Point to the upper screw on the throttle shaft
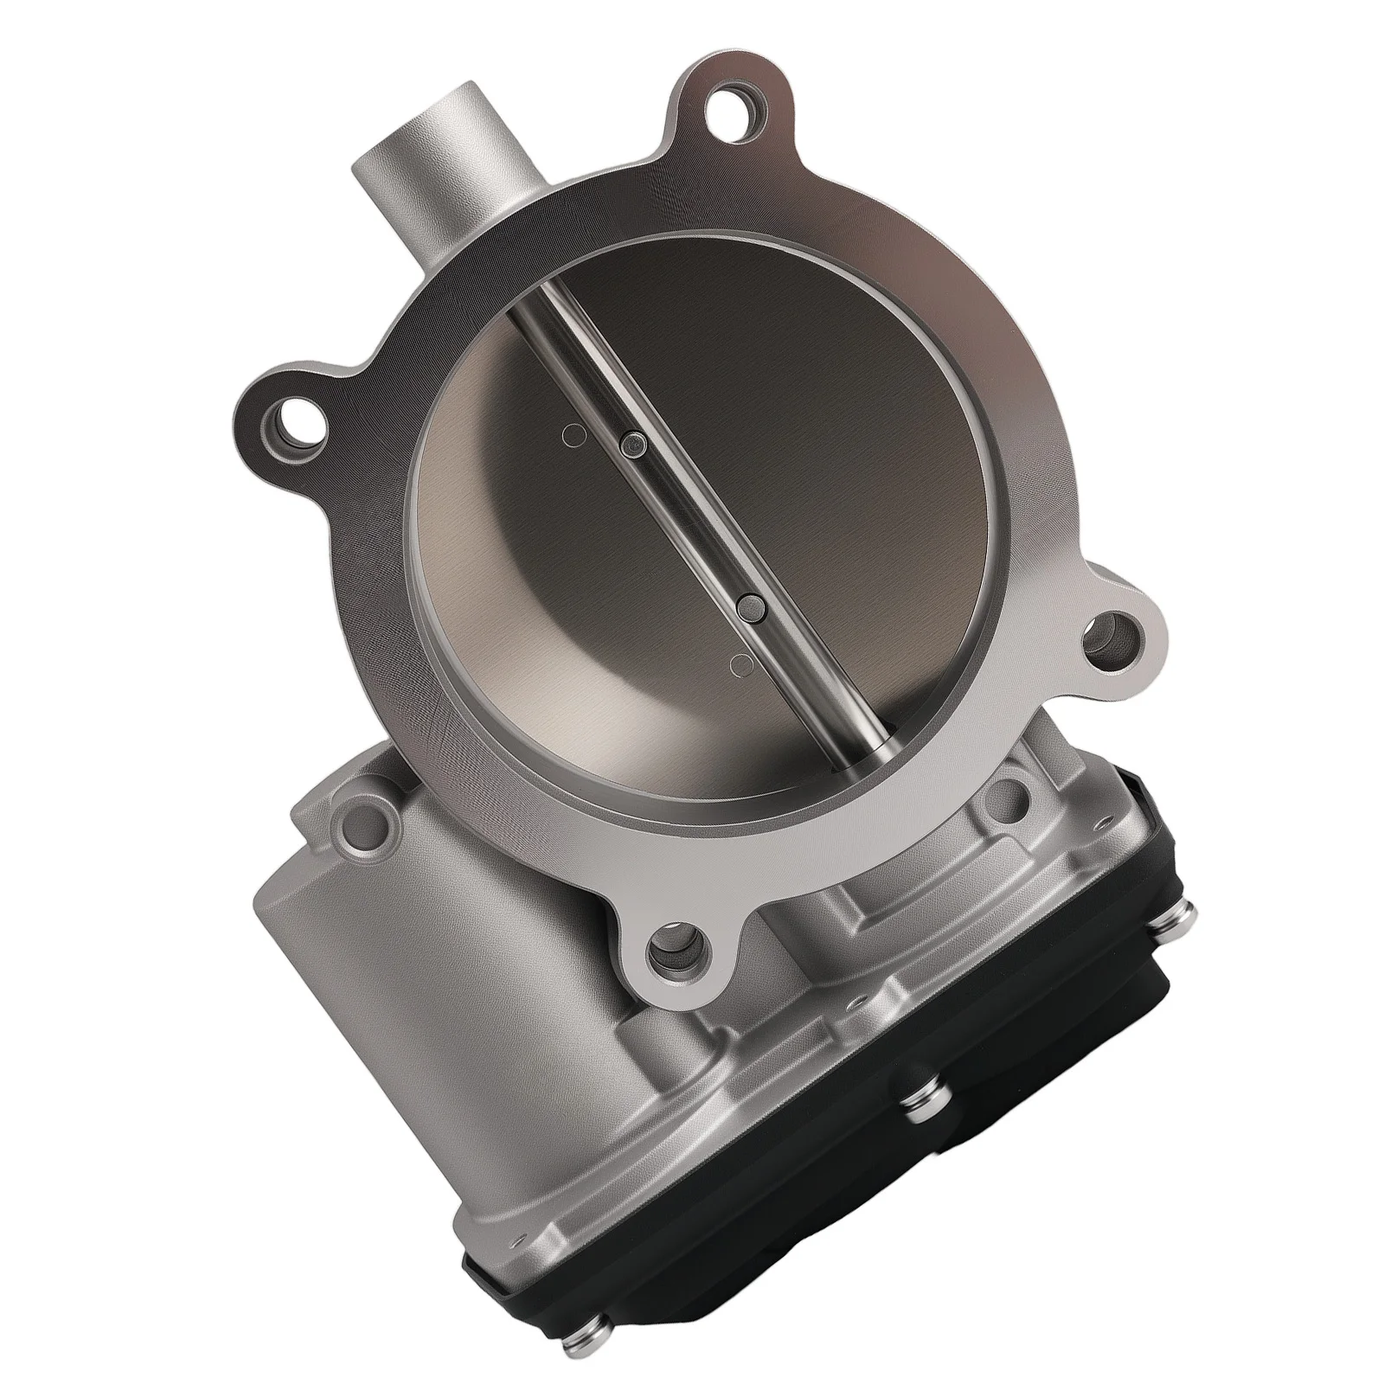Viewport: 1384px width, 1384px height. [x=634, y=445]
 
